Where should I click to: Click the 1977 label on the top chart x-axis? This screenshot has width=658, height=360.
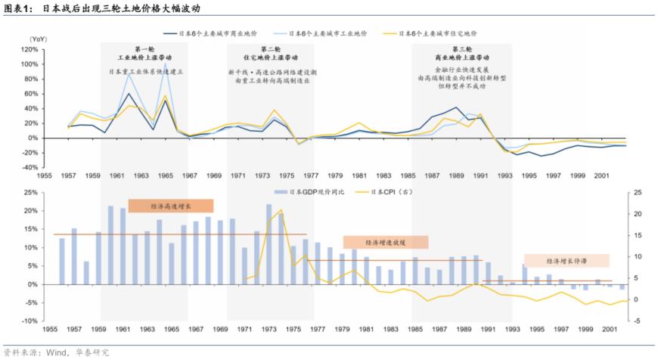point(315,175)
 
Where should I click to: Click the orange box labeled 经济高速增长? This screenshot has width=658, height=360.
point(171,206)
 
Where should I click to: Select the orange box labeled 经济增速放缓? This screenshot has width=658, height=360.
point(386,242)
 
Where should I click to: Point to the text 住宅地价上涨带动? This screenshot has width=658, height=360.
point(270,57)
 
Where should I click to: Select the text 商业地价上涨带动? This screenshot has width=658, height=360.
point(461,57)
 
